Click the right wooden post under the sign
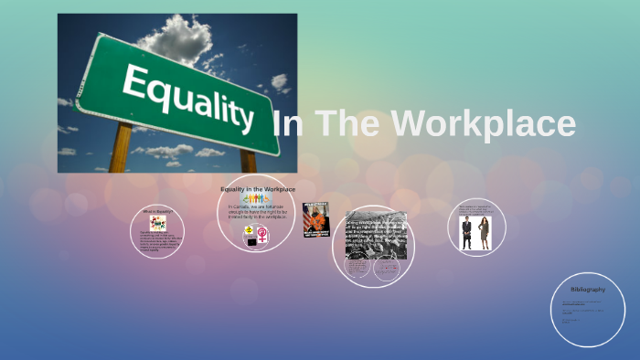pyautogui.click(x=248, y=162)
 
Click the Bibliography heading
pyautogui.click(x=588, y=290)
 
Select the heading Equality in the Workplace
pyautogui.click(x=257, y=189)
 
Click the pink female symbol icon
pyautogui.click(x=263, y=236)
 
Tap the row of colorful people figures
pyautogui.click(x=256, y=198)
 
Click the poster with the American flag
pyautogui.click(x=315, y=220)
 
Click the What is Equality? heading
pyautogui.click(x=157, y=211)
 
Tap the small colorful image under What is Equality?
pyautogui.click(x=158, y=222)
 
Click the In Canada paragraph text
pyautogui.click(x=257, y=212)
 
